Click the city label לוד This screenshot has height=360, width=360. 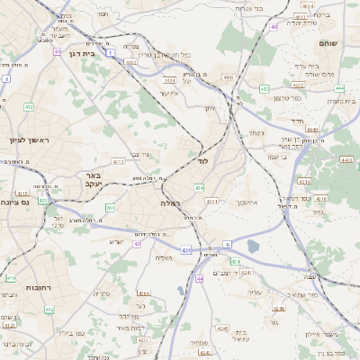202,160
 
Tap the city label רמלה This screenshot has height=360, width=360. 171,203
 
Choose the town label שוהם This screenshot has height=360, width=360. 328,42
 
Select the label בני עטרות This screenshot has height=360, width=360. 247,8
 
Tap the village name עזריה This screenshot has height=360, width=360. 254,292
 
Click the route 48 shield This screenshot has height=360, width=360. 274,27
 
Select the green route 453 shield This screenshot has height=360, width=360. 264,88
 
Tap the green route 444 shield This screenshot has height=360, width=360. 200,279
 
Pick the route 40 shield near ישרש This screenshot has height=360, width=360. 138,243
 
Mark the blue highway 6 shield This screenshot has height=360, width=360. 228,244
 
